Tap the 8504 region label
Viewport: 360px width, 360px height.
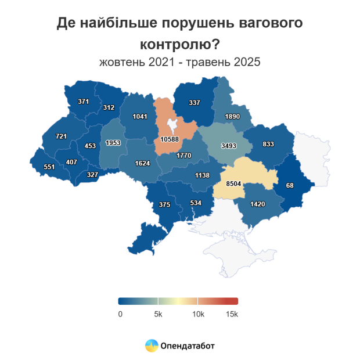click(234, 183)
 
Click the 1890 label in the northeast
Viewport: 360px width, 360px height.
click(232, 116)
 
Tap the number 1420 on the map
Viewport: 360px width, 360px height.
click(257, 204)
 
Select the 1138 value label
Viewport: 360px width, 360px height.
click(203, 175)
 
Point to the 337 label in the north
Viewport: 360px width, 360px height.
click(195, 103)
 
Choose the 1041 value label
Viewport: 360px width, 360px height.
click(140, 116)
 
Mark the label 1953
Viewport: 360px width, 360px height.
click(113, 143)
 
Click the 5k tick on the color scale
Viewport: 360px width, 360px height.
click(157, 314)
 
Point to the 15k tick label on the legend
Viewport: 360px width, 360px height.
click(231, 314)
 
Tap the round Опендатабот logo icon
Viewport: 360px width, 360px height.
click(151, 345)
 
